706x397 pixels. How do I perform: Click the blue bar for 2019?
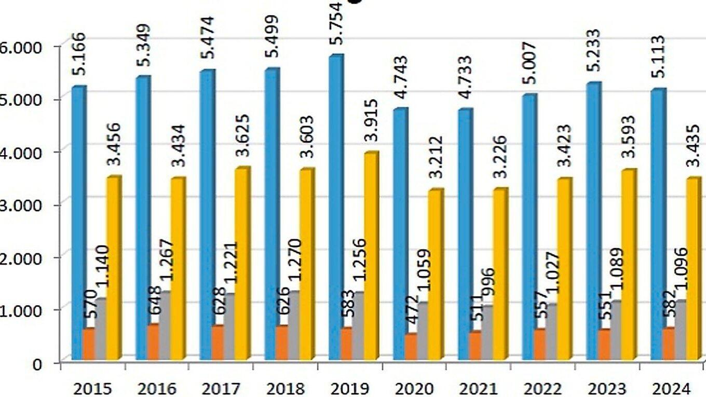[x=335, y=208]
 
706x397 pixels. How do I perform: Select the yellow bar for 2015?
[x=113, y=267]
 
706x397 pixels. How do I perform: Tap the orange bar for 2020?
[x=411, y=346]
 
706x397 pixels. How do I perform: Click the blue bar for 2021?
[x=465, y=234]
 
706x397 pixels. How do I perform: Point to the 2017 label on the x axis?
[x=221, y=389]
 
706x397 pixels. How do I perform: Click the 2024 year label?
[x=672, y=389]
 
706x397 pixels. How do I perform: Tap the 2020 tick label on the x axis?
[x=414, y=389]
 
